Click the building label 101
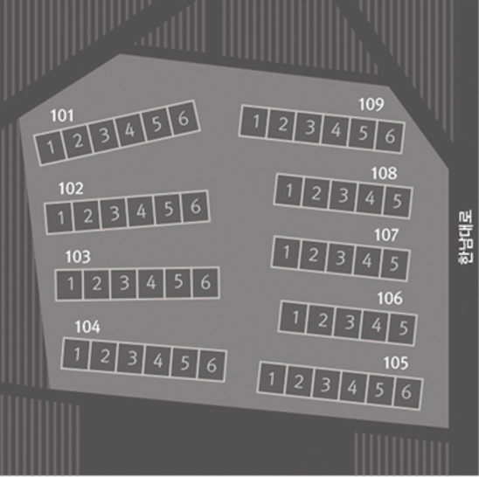coord(62,115)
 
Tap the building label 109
coord(371,104)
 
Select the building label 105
coord(396,363)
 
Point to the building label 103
coord(78,257)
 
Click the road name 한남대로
coord(465,237)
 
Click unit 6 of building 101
coord(184,118)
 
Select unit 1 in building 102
coord(59,218)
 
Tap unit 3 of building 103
coord(124,283)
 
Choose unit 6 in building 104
coord(212,365)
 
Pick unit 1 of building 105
coord(272,378)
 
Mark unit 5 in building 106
coord(403,328)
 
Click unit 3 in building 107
coord(340,258)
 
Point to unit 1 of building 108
coord(288,190)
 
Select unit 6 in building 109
coord(390,136)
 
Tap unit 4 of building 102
coord(141,211)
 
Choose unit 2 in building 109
coord(282,124)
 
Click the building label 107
coord(386,235)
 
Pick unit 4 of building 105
coord(352,387)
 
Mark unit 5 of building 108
coord(397,201)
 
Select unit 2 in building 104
coord(105,356)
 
